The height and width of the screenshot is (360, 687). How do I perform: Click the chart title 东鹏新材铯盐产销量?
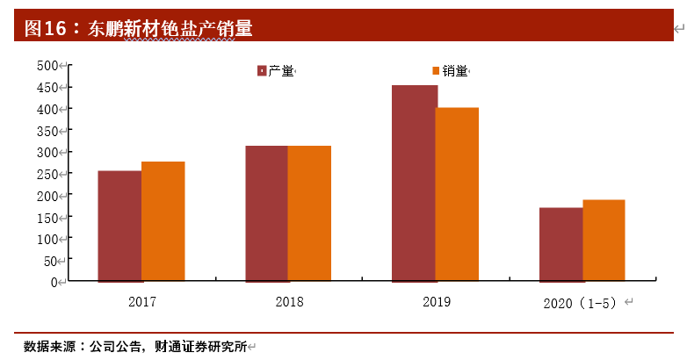170,28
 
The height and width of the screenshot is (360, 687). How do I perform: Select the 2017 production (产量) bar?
119,226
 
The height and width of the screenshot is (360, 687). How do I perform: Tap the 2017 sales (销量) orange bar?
163,221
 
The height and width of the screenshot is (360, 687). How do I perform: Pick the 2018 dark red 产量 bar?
266,213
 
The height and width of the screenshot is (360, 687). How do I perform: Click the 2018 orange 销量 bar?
309,213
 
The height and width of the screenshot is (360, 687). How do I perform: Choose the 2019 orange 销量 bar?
457,194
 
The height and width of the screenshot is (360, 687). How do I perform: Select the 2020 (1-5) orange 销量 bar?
604,241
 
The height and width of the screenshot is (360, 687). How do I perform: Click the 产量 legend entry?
274,71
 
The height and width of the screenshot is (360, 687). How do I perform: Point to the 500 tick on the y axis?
47,66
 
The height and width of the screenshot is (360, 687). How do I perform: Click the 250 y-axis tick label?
47,174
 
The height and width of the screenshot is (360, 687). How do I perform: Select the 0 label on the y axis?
54,282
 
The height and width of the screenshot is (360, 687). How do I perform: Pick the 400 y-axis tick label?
47,109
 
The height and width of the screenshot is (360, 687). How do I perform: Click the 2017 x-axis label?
141,302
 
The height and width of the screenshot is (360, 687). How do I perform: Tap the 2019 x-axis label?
436,302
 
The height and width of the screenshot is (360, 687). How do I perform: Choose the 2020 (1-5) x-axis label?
581,303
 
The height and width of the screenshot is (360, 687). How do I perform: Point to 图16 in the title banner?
45,28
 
